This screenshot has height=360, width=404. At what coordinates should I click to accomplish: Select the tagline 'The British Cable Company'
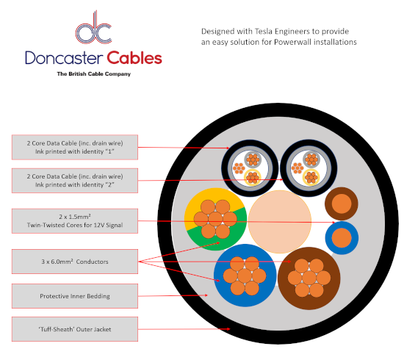[93, 74]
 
